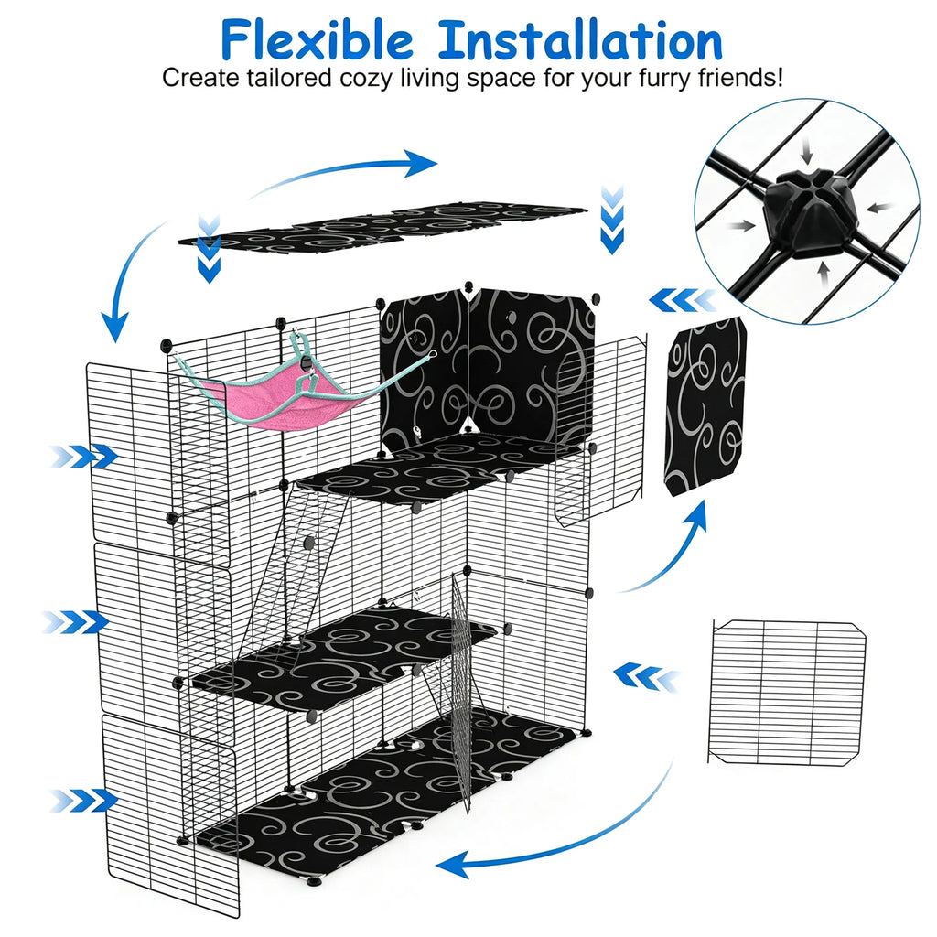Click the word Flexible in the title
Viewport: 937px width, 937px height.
click(x=317, y=40)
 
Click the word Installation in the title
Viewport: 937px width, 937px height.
click(x=580, y=40)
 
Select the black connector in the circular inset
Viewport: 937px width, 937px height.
click(x=811, y=212)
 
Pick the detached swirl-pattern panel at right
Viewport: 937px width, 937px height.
click(x=705, y=407)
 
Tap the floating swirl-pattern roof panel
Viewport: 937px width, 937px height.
click(x=382, y=228)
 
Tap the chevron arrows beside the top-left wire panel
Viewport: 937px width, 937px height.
click(x=83, y=457)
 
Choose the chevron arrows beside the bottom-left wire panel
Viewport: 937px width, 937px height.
click(x=83, y=800)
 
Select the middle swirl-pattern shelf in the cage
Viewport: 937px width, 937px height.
click(x=344, y=657)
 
